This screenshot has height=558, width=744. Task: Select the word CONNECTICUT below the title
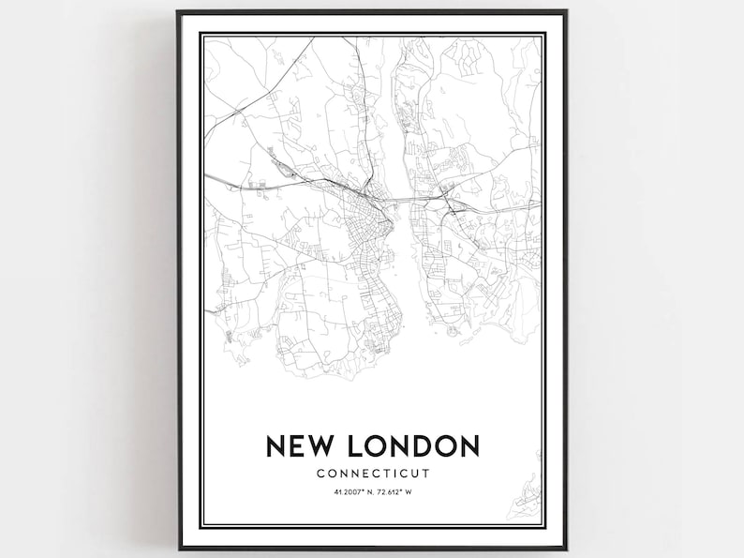tap(372, 473)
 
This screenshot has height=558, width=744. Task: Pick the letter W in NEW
tap(325, 445)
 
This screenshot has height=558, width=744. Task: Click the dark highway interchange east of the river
tap(447, 200)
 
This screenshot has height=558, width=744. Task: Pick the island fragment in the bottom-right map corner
tap(530, 488)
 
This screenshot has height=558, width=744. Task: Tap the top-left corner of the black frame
tap(178, 12)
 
